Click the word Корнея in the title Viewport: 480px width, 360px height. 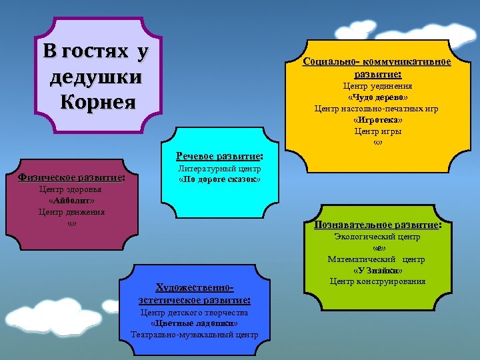click(97, 103)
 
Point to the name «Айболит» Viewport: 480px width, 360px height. click(72, 200)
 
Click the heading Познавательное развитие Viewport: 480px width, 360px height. click(377, 225)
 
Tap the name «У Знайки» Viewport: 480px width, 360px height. click(377, 271)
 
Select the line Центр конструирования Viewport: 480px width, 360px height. click(377, 281)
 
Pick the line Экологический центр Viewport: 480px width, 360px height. click(377, 237)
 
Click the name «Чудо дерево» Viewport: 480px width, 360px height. click(377, 97)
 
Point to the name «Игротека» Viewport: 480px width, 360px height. click(377, 120)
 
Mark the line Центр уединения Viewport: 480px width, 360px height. click(377, 86)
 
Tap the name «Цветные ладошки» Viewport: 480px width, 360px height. click(194, 323)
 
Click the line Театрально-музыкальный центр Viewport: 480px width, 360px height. click(194, 335)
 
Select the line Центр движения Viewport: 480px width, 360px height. click(72, 212)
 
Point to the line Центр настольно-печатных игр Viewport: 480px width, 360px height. click(377, 109)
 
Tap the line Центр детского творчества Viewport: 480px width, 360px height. click(194, 313)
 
